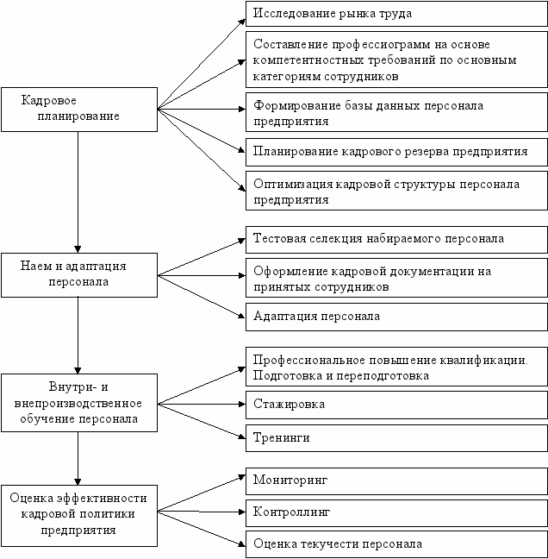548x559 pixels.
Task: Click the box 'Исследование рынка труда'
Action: pos(396,14)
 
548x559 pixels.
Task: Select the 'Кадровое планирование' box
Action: pos(78,109)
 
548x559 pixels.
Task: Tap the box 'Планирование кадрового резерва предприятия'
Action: pos(396,151)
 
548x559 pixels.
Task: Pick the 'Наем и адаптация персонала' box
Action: pos(78,274)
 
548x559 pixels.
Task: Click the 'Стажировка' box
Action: pos(396,403)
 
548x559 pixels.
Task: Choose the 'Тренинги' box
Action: pos(396,437)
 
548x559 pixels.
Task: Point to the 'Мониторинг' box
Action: pos(396,478)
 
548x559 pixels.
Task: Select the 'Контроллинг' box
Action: pos(396,512)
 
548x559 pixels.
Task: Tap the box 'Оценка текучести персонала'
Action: pos(396,544)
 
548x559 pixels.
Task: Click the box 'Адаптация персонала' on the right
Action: pos(396,316)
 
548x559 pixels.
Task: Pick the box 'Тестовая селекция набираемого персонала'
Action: pos(396,239)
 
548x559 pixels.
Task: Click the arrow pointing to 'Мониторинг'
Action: pos(200,492)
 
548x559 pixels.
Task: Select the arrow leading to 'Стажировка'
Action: pos(200,403)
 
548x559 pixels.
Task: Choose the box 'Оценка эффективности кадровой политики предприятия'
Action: pos(78,514)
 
